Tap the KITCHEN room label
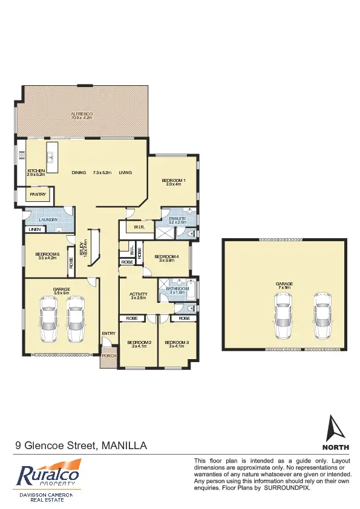[x=36, y=171]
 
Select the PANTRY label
[x=38, y=195]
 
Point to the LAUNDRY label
[x=48, y=219]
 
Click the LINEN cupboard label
[x=34, y=230]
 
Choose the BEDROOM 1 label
[x=174, y=181]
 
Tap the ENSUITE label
[x=177, y=218]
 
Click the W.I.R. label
[x=138, y=227]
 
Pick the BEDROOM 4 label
[x=166, y=257]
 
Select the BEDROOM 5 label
[x=47, y=254]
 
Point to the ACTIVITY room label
[x=139, y=295]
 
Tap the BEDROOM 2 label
[x=139, y=343]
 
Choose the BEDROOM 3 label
[x=176, y=343]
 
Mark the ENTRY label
[x=109, y=334]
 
